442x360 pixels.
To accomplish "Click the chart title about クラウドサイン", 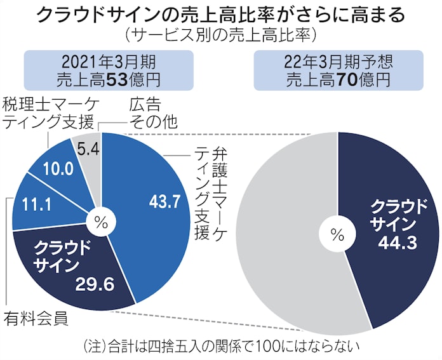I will [x=220, y=14].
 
